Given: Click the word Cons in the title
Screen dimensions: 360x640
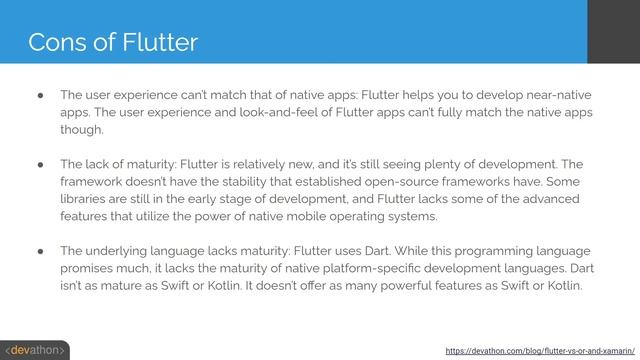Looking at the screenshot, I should [x=51, y=42].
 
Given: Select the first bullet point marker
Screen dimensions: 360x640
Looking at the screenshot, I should [x=37, y=94].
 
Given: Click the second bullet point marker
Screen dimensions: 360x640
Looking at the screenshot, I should [x=37, y=162].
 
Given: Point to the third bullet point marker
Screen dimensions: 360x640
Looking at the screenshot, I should [x=37, y=250].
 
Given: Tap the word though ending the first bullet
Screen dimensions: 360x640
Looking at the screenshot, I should [x=81, y=130].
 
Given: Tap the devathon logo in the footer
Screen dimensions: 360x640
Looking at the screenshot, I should [x=35, y=350].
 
